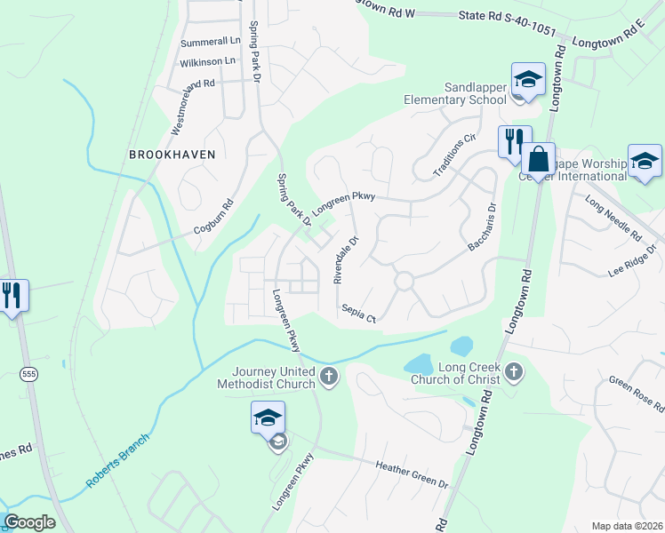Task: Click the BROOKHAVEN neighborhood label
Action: [172, 154]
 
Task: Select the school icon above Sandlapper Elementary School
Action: [527, 79]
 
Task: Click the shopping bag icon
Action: [538, 160]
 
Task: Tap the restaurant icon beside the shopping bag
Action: [514, 142]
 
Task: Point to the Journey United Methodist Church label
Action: [267, 378]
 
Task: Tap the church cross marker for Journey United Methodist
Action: [329, 378]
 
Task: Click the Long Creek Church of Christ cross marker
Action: [514, 371]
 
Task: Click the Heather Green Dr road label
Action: [413, 473]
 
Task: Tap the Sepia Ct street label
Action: [359, 313]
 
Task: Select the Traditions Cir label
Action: [455, 155]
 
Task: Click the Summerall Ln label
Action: [211, 42]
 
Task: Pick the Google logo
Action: [29, 522]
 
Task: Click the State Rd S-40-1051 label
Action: [507, 23]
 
